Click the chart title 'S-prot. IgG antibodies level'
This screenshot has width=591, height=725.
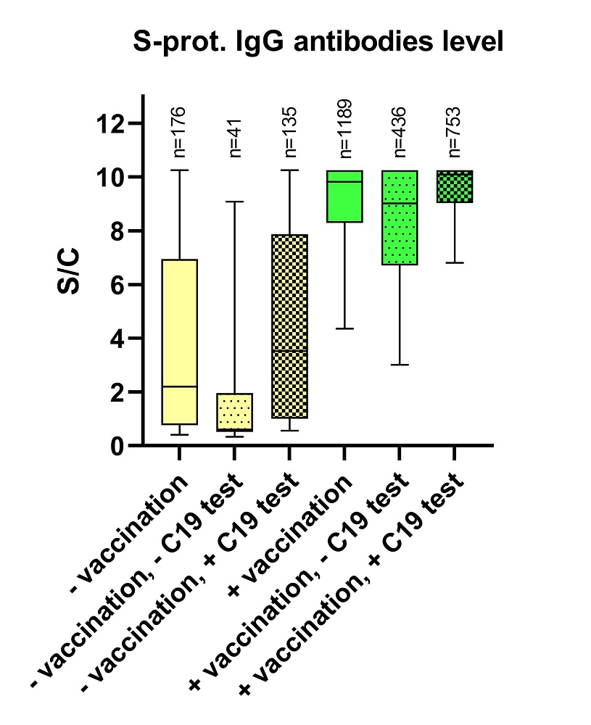point(318,42)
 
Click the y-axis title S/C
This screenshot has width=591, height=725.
point(70,273)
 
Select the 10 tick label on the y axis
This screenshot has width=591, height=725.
point(109,177)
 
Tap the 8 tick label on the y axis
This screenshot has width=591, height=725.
point(116,231)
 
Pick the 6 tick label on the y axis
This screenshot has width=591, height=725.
point(116,284)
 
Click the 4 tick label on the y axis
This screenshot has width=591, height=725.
point(116,338)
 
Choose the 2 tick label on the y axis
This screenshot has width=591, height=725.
point(116,391)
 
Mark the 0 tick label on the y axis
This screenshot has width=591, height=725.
point(116,445)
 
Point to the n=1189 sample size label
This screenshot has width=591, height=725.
point(345,128)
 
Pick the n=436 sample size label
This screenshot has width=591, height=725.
point(400,132)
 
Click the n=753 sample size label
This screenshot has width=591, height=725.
point(455,132)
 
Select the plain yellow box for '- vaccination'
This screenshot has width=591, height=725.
point(179,326)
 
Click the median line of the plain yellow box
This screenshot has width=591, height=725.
point(179,386)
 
